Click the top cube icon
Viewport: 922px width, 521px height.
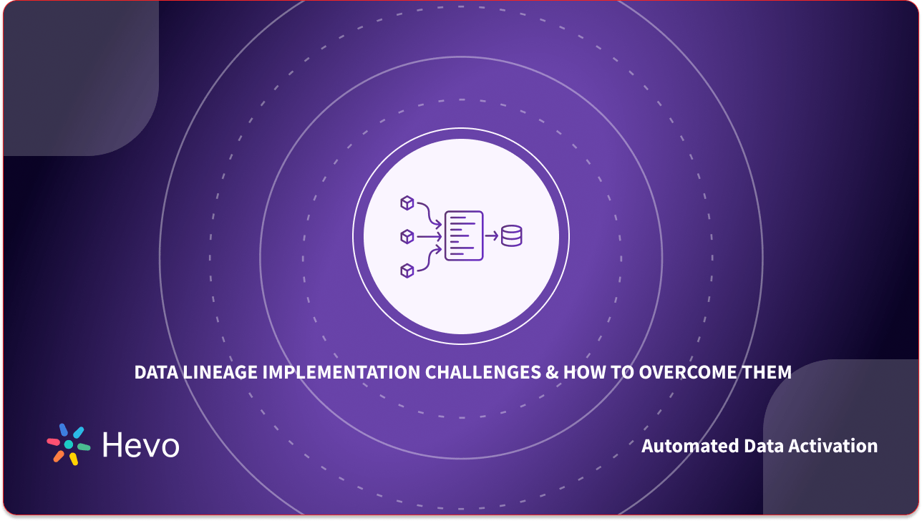click(407, 203)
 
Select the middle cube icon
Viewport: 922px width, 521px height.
click(407, 236)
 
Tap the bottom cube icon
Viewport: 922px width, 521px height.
click(407, 270)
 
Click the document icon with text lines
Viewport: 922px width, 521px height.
click(463, 235)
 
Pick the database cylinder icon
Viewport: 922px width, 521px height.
click(512, 235)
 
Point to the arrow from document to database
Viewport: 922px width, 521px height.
click(492, 235)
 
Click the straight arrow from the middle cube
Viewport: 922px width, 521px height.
click(429, 236)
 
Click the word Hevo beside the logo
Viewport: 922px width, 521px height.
click(140, 445)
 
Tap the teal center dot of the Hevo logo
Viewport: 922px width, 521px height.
click(69, 444)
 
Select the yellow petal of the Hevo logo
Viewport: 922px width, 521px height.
click(73, 459)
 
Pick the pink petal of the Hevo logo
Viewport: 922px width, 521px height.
click(53, 442)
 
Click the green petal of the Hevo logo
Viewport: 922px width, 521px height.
click(84, 447)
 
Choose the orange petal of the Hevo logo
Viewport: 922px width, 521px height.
click(58, 455)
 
